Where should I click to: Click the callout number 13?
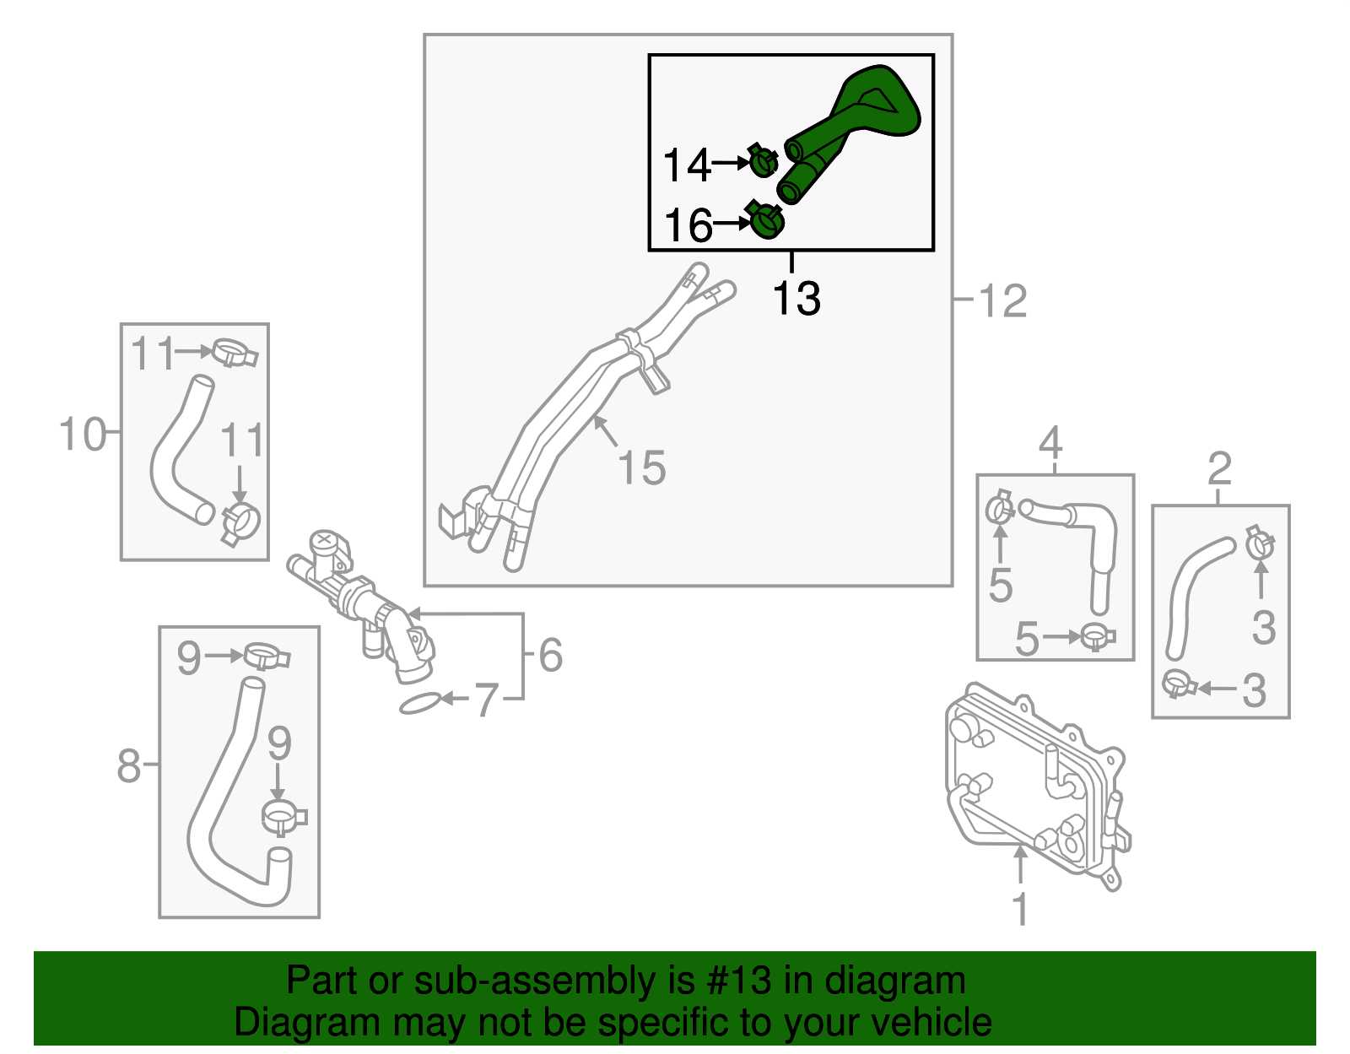[796, 299]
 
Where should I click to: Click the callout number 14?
[687, 165]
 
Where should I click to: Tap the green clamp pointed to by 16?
[767, 221]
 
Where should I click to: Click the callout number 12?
[1002, 301]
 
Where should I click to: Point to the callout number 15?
[642, 468]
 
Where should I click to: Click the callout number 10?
[83, 435]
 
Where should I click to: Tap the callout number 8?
[128, 766]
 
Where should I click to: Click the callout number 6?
[550, 656]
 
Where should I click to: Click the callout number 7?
[486, 700]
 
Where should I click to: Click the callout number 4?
[1050, 443]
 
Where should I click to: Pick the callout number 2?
[1219, 469]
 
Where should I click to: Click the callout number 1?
[1020, 910]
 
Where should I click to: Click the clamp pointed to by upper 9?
[267, 655]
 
